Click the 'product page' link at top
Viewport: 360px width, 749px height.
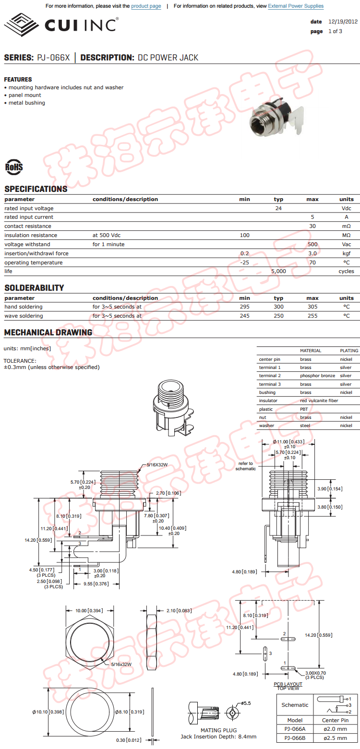point(146,6)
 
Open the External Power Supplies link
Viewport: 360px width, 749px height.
point(296,6)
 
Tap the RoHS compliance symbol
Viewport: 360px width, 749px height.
point(14,166)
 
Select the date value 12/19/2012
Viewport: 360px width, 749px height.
point(343,22)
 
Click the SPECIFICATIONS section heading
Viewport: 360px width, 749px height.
point(36,189)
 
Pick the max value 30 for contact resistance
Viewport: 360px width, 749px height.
point(312,226)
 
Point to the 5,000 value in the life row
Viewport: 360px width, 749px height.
point(278,271)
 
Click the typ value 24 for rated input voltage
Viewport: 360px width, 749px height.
point(278,208)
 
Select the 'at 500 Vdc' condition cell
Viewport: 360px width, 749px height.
point(108,235)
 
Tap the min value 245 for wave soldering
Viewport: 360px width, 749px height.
point(245,316)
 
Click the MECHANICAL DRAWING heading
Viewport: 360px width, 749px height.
point(48,333)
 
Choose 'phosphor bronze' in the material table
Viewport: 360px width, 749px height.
point(318,376)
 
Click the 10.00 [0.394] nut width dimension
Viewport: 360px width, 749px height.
point(89,610)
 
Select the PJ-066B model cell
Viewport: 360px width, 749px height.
point(295,737)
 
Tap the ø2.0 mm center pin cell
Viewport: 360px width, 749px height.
point(335,728)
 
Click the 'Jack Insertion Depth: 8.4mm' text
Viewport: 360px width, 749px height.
point(218,737)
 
